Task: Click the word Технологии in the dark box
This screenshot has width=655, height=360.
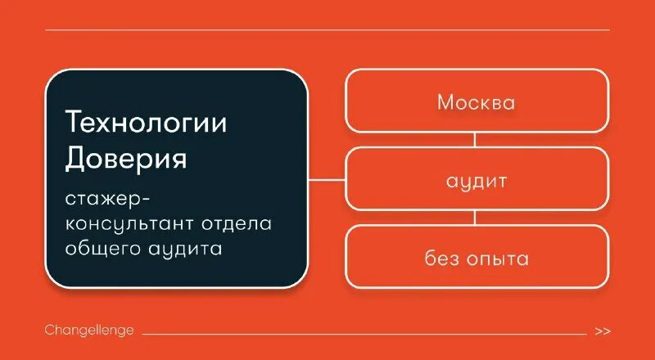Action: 146,123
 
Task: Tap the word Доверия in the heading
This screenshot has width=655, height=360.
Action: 126,158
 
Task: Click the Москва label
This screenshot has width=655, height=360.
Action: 476,102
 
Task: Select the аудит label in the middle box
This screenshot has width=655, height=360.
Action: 477,181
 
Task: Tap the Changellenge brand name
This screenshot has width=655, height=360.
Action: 89,331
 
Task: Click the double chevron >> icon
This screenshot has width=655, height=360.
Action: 603,331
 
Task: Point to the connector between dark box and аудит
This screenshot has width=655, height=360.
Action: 327,179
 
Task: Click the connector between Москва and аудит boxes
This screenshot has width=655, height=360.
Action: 476,140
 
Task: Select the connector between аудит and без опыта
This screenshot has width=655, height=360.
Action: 476,218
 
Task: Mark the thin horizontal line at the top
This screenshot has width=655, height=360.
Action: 327,30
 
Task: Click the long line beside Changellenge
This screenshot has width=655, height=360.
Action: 364,334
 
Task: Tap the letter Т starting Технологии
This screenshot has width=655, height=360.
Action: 74,123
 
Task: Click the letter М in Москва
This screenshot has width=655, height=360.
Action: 445,102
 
